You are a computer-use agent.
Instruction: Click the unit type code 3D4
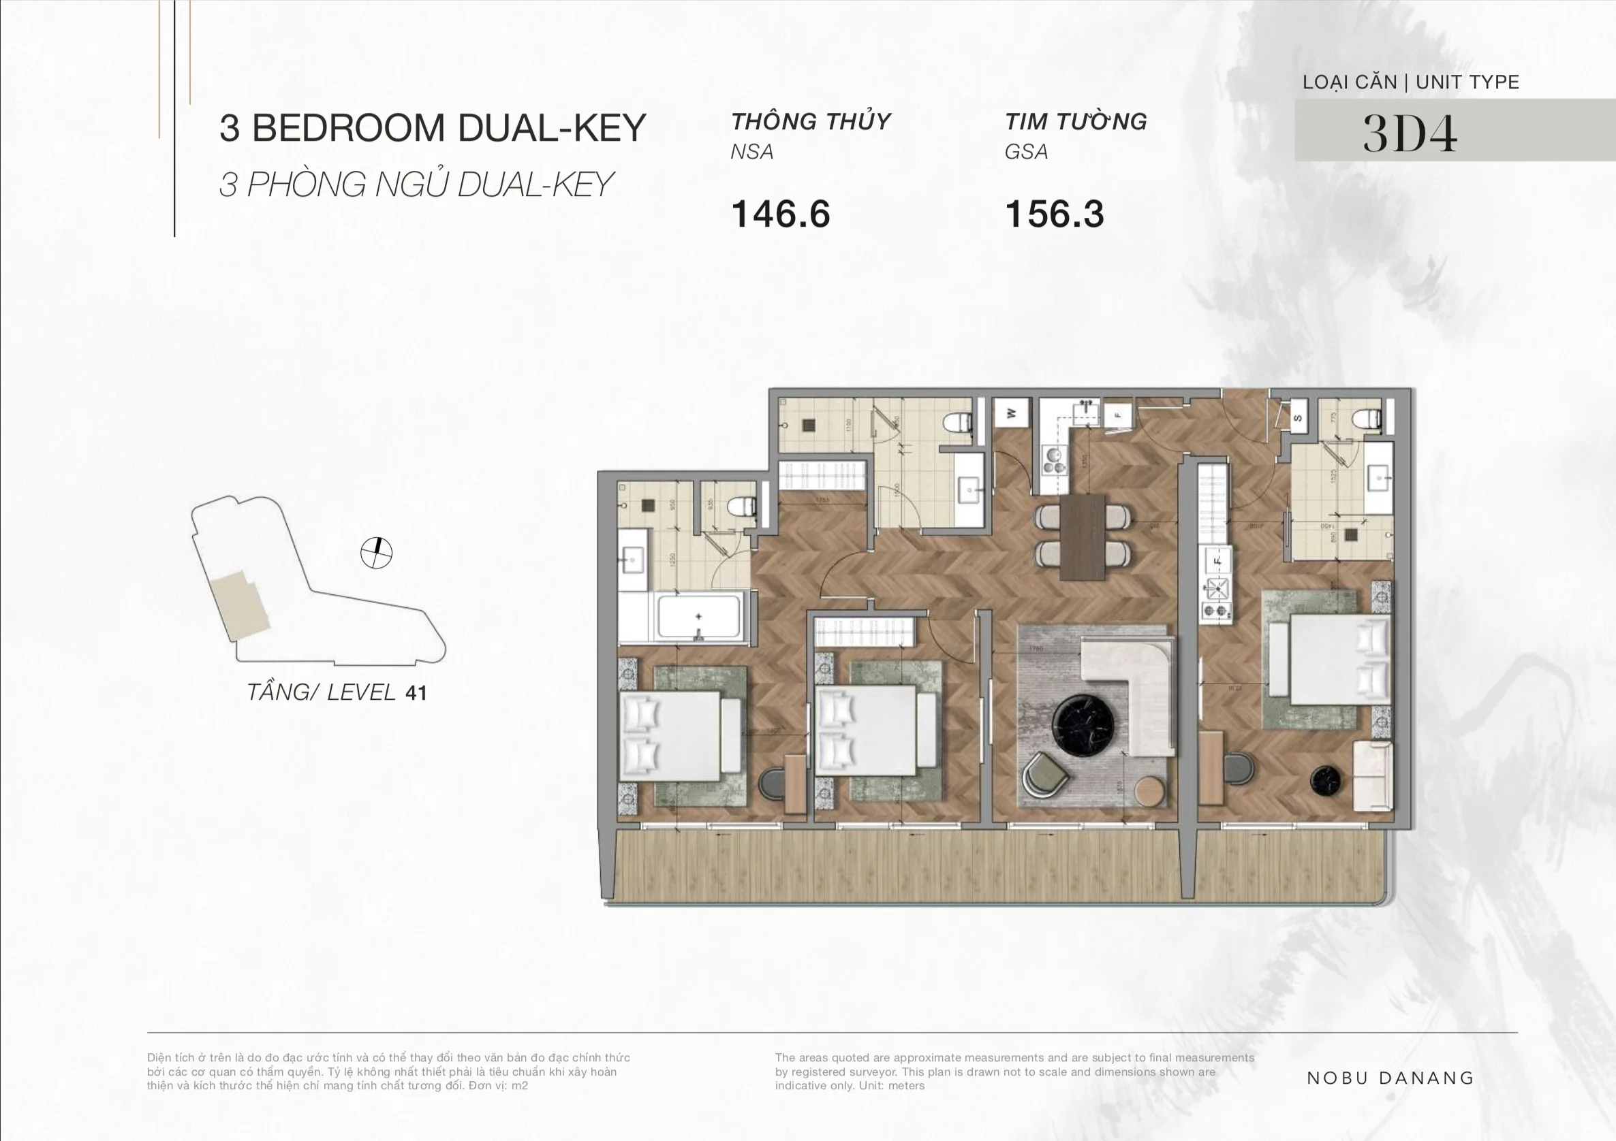[x=1409, y=133]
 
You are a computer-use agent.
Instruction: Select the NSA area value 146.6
[x=781, y=214]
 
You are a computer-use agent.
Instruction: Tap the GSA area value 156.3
[x=1055, y=214]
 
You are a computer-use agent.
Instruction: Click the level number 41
[x=416, y=694]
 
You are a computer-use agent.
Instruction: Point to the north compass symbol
[x=376, y=553]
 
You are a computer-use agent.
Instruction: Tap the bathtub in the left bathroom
[x=698, y=617]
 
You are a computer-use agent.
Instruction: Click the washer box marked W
[x=1012, y=414]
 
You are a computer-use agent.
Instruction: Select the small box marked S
[x=1297, y=418]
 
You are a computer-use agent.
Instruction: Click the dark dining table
[x=1083, y=536]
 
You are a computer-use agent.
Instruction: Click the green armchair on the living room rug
[x=1044, y=774]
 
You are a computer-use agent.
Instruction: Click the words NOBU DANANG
[x=1389, y=1078]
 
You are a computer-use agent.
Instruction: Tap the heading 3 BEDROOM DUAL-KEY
[x=432, y=128]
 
